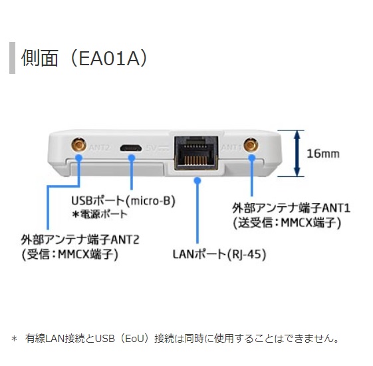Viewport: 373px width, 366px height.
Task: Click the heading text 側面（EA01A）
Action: (84, 57)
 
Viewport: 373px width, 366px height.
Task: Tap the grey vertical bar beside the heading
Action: (12, 58)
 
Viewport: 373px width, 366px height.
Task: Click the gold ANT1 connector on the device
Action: (251, 145)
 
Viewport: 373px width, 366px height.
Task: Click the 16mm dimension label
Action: (322, 153)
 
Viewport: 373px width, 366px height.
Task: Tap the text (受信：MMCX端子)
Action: (70, 254)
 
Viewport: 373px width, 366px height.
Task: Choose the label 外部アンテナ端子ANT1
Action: (291, 208)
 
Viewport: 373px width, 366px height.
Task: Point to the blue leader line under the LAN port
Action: (197, 213)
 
